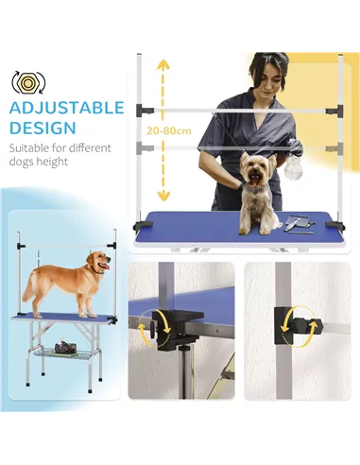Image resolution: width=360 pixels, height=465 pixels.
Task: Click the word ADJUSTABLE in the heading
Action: pyautogui.click(x=67, y=108)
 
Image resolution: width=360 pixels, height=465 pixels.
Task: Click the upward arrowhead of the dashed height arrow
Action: pyautogui.click(x=164, y=64)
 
